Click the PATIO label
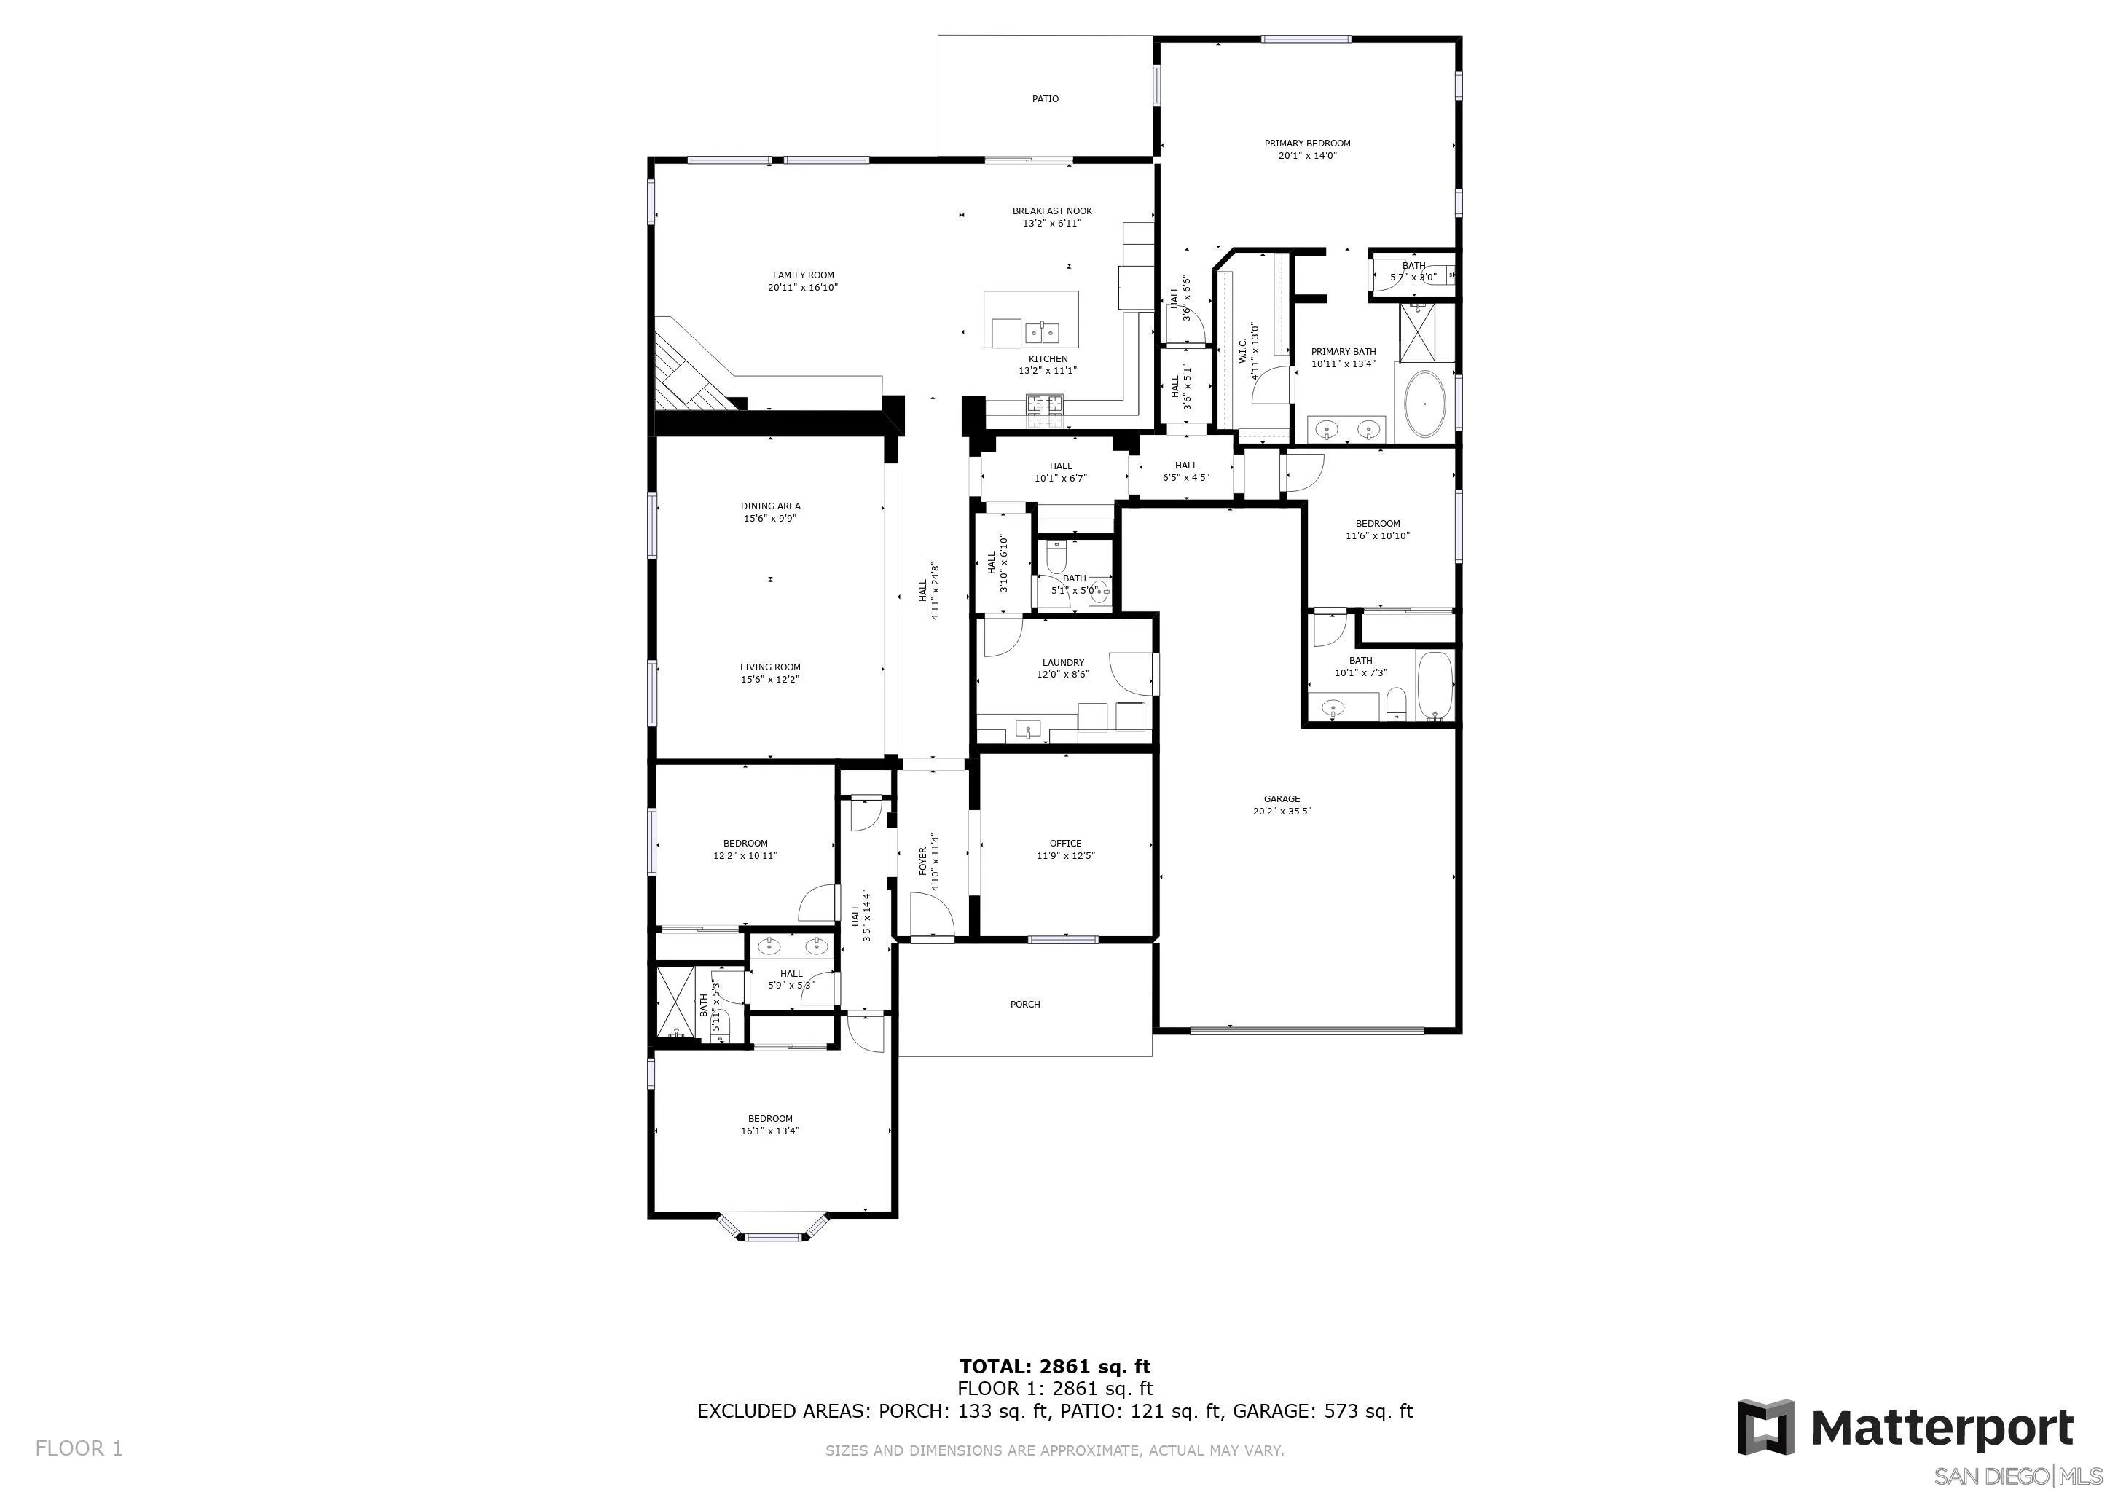pos(1045,98)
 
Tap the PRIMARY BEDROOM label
pos(1307,144)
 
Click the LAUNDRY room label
pos(1062,662)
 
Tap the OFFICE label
pos(1065,844)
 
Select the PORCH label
pos(1024,1004)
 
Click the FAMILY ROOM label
pos(802,275)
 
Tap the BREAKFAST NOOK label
pos(1052,211)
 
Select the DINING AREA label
pos(770,506)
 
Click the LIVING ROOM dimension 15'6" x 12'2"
pos(770,680)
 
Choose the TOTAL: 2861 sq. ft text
pos(1054,1367)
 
